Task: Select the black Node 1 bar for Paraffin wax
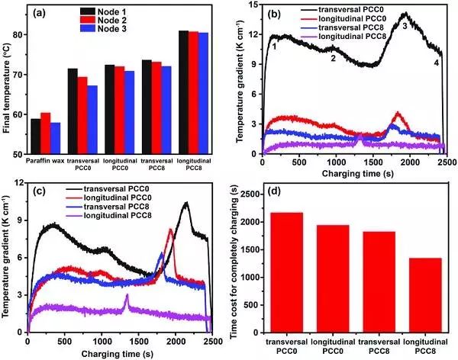[36, 136]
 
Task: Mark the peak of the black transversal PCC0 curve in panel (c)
[185, 203]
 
